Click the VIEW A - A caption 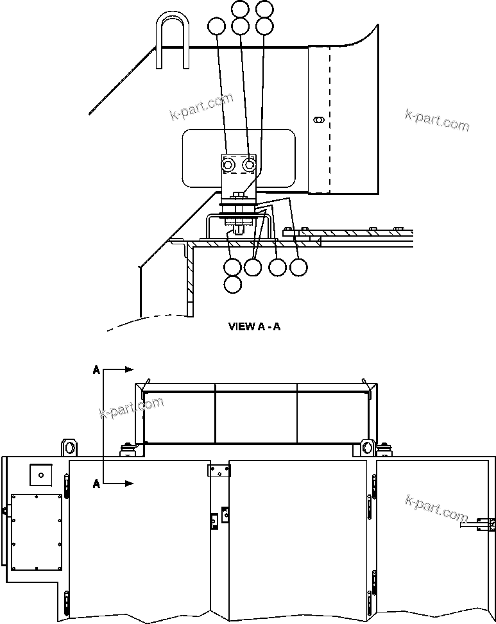point(254,326)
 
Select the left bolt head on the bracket point(228,165)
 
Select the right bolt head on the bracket point(250,165)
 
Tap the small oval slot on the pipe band point(318,119)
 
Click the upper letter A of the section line point(96,369)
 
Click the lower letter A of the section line point(96,484)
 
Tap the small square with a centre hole point(40,475)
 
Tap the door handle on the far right point(479,524)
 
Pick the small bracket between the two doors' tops point(219,471)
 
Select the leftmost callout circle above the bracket point(216,26)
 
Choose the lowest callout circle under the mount point(234,283)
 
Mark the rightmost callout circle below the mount point(298,267)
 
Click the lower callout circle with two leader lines point(254,267)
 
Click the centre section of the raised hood point(256,417)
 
